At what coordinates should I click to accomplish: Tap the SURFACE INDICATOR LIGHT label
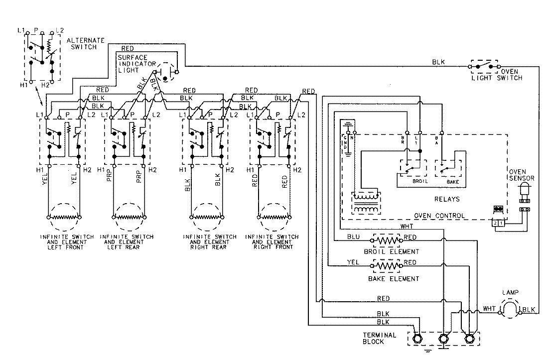[x=134, y=64]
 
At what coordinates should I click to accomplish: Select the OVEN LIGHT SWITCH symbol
[x=483, y=66]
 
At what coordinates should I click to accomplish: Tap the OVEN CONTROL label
[x=440, y=216]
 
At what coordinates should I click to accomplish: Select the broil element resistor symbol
[x=388, y=240]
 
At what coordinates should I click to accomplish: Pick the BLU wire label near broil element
[x=353, y=237]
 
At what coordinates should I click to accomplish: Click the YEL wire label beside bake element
[x=353, y=262]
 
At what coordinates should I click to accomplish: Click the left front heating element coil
[x=64, y=217]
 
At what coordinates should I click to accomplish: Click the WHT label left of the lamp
[x=489, y=309]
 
